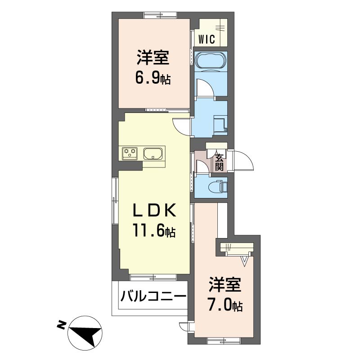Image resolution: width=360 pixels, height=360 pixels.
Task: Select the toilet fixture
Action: [x=216, y=185]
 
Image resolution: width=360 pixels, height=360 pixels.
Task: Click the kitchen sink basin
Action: [x=153, y=154]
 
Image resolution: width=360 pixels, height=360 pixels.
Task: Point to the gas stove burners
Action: [x=130, y=153]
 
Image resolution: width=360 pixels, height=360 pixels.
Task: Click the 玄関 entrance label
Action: [x=219, y=162]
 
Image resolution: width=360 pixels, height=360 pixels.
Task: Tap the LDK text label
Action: [x=153, y=211]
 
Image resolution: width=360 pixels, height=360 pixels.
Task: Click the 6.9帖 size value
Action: [x=153, y=79]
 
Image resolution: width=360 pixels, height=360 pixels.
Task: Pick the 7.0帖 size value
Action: [x=225, y=306]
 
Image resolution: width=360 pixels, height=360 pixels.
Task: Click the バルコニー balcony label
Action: [x=153, y=297]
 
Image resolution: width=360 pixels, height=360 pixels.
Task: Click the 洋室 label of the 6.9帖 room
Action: [x=153, y=58]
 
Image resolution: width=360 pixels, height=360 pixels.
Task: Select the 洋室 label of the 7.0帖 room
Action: [x=225, y=285]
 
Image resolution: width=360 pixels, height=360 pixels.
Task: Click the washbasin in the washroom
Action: [x=220, y=123]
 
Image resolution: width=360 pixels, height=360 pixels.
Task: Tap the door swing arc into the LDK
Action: [x=181, y=126]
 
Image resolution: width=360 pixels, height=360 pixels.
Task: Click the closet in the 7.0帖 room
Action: [x=235, y=247]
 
